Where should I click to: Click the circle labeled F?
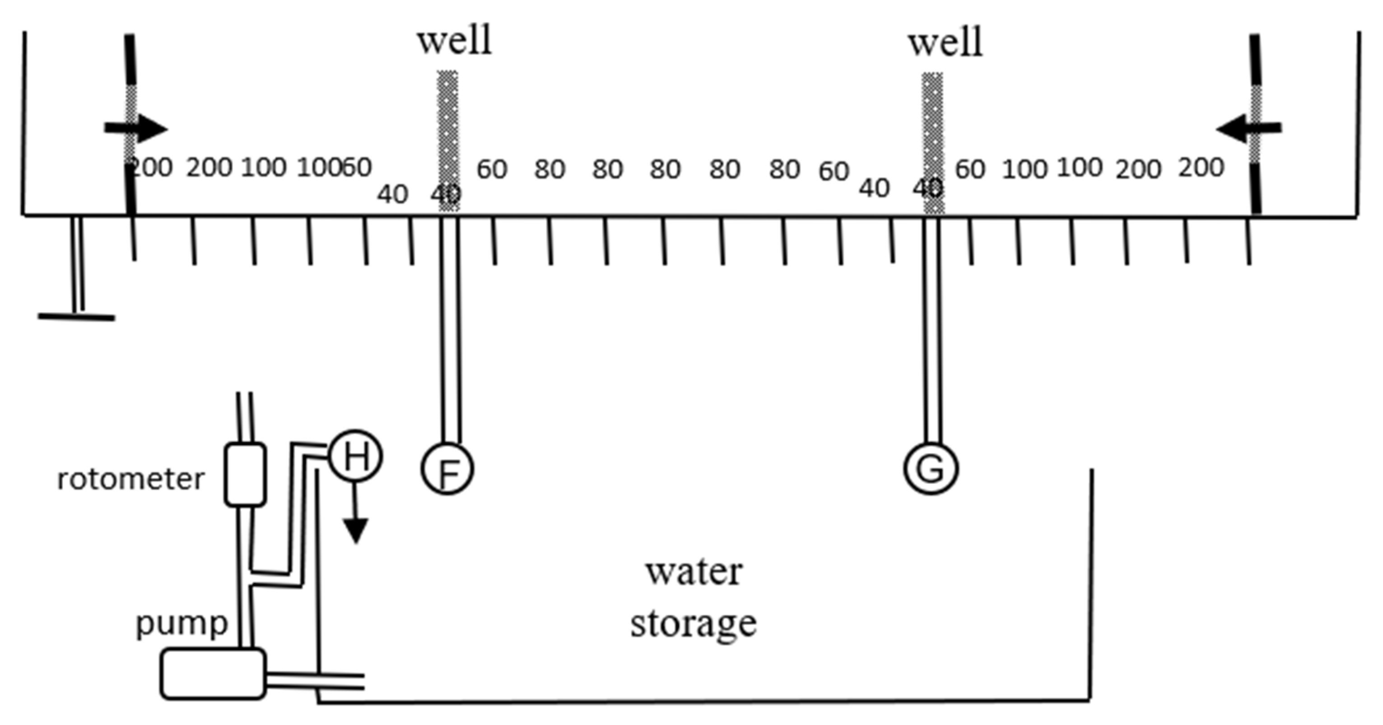coord(447,468)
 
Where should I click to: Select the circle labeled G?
coord(931,468)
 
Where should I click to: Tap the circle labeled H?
coord(355,456)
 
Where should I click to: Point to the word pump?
coord(182,624)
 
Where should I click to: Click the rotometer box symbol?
coord(245,475)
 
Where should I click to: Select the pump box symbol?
coord(213,674)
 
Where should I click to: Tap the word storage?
coord(694,624)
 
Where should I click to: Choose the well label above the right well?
coord(945,43)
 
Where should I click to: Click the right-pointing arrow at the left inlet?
coord(136,129)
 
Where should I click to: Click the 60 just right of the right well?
coord(970,170)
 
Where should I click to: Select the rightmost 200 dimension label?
coord(1201,168)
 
